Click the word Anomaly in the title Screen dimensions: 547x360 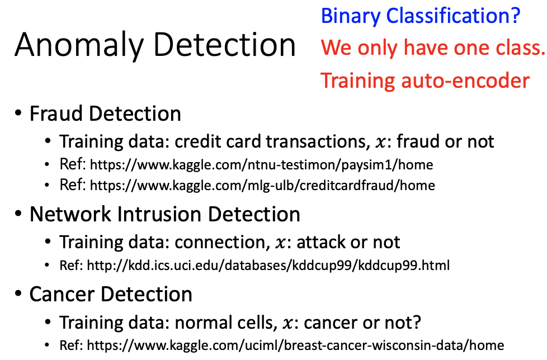click(x=79, y=46)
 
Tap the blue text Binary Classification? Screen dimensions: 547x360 click(x=421, y=16)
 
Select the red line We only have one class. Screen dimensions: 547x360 click(x=433, y=48)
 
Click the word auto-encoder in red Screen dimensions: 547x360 click(x=465, y=80)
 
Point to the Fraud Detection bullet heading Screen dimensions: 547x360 click(x=105, y=113)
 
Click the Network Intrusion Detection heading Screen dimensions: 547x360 click(x=165, y=214)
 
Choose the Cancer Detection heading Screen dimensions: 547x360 click(x=111, y=294)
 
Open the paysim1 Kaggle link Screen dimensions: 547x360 click(x=262, y=165)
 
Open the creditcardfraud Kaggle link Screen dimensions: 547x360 click(x=262, y=186)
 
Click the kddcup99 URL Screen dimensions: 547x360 click(x=268, y=266)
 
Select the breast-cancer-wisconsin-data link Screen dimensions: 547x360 click(x=295, y=345)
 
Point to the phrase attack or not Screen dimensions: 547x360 click(x=348, y=242)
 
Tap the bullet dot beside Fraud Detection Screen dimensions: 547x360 click(x=18, y=113)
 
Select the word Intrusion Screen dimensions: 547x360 click(x=159, y=214)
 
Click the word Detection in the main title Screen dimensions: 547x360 click(x=225, y=45)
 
